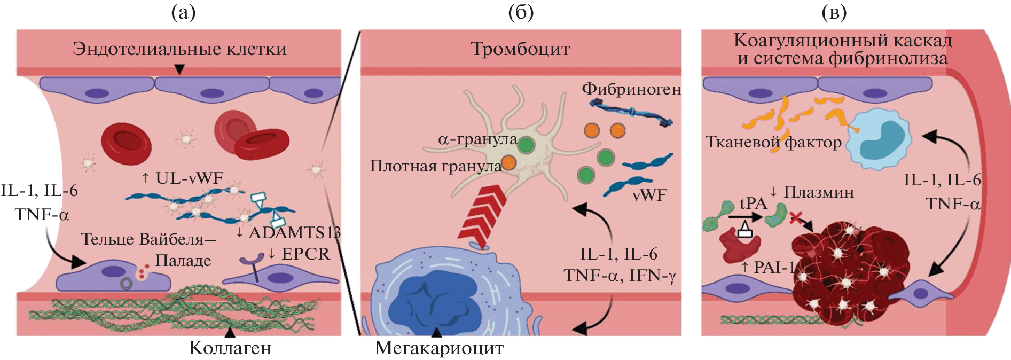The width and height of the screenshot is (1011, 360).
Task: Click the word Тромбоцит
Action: tap(520, 49)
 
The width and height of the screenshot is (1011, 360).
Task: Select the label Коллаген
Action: tap(230, 348)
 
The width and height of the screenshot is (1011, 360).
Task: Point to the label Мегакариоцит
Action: tap(439, 348)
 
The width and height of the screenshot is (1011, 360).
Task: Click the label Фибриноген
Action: tap(631, 89)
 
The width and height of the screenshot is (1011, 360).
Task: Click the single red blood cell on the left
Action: tap(126, 143)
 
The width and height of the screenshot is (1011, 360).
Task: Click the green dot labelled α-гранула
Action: tap(526, 145)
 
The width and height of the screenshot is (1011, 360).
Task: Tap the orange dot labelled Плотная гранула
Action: tap(508, 162)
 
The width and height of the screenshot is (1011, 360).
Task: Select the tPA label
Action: tap(753, 204)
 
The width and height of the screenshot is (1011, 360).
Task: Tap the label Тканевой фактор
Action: tap(773, 142)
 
